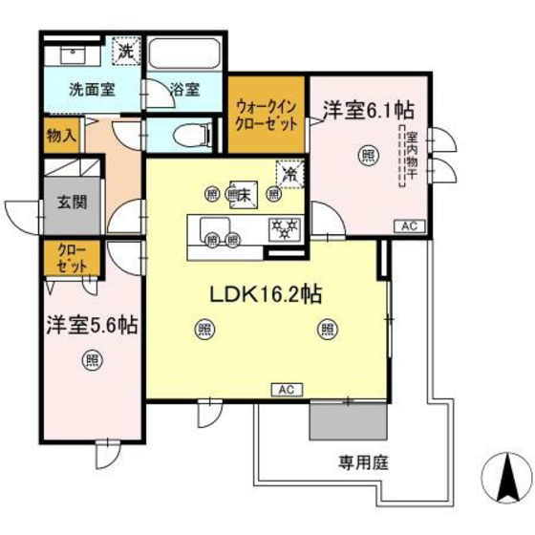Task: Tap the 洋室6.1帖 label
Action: (369, 111)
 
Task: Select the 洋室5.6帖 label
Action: (91, 324)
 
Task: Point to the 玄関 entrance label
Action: (71, 203)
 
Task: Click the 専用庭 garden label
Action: (363, 464)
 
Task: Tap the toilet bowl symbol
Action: (190, 135)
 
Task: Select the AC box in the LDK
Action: (287, 390)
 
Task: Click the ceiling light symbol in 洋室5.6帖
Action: (91, 360)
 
